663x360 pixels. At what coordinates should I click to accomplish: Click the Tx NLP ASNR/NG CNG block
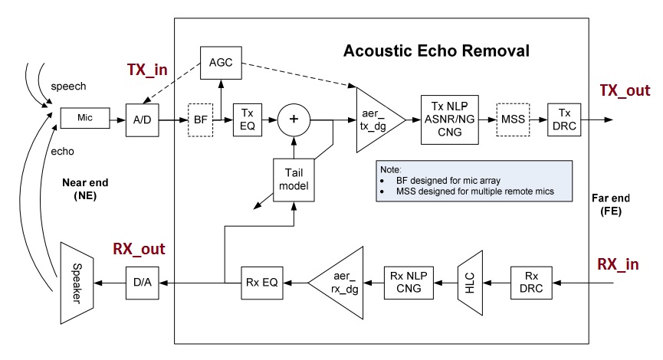tap(449, 119)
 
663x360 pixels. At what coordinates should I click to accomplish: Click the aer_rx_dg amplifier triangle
tap(341, 282)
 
